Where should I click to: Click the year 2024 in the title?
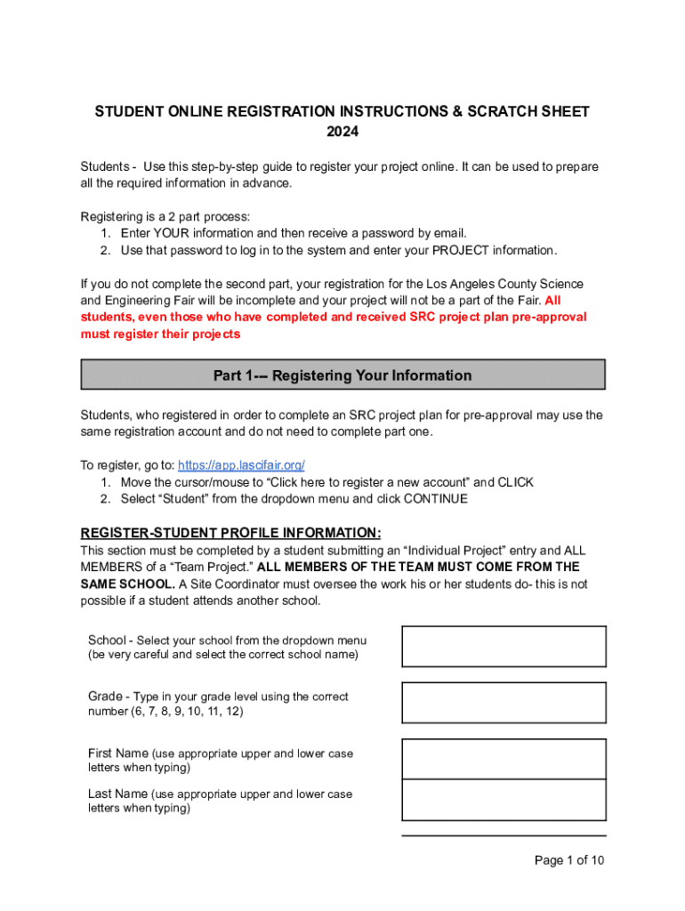click(x=342, y=132)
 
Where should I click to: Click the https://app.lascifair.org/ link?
click(x=241, y=465)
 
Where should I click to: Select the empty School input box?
click(x=504, y=647)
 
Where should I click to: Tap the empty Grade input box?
click(x=504, y=703)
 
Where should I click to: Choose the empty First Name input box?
click(x=504, y=759)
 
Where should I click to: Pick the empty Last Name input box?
click(x=504, y=800)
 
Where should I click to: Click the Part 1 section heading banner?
click(x=342, y=375)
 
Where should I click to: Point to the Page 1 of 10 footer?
click(x=568, y=860)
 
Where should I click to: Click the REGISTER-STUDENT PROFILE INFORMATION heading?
click(x=231, y=533)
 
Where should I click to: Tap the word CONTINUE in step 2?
click(x=435, y=499)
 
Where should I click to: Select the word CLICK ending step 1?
click(x=516, y=482)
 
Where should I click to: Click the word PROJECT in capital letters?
click(x=461, y=250)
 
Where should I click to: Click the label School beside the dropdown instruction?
click(x=107, y=641)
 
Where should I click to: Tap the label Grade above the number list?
click(x=106, y=697)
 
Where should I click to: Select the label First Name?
click(x=117, y=754)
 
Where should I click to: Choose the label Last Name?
click(x=117, y=794)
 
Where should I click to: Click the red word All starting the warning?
click(x=552, y=301)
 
